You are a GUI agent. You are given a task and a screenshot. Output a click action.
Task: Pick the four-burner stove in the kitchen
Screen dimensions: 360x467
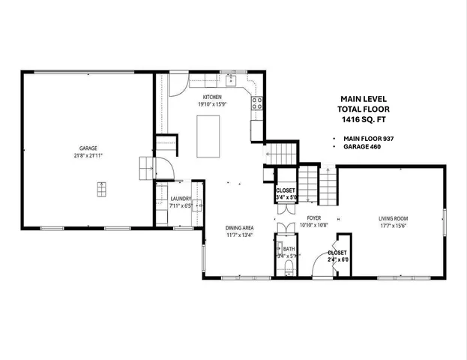click(x=257, y=103)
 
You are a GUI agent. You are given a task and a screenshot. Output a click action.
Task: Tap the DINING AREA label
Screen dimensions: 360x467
click(x=240, y=227)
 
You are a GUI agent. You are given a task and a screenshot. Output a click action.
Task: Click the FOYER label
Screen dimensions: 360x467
click(x=314, y=217)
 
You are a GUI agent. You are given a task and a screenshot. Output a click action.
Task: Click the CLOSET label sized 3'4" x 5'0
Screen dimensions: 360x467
click(x=286, y=190)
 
